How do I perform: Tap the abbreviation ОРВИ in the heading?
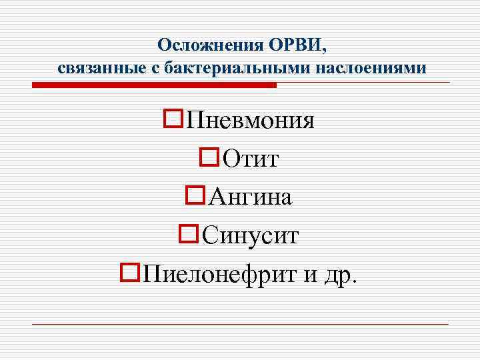(295, 45)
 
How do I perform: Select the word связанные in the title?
(93, 69)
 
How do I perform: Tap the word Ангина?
(250, 197)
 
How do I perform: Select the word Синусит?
(250, 235)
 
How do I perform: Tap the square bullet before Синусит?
(189, 233)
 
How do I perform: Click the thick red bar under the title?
(153, 85)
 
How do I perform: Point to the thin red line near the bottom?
(240, 324)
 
